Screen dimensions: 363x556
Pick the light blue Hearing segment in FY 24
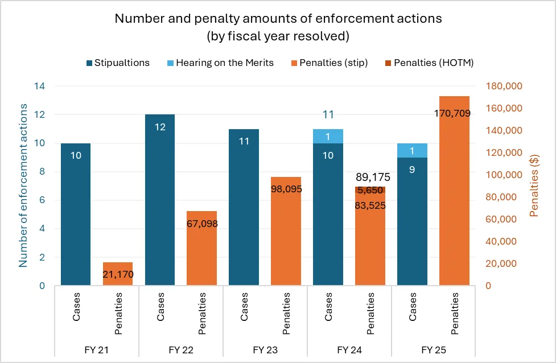[328, 136]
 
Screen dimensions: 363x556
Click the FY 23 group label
[265, 349]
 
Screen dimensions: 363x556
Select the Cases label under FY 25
[413, 307]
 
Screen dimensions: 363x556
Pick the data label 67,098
[202, 224]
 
